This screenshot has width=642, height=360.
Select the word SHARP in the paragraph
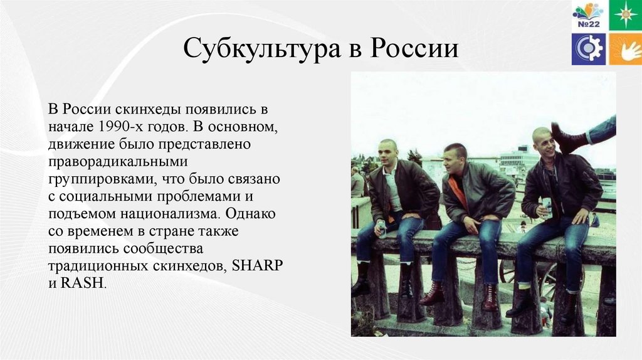258,265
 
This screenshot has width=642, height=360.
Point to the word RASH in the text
82,283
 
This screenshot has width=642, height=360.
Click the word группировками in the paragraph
102,179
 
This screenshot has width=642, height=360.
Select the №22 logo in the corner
588,15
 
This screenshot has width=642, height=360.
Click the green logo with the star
624,15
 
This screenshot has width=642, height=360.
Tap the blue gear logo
588,49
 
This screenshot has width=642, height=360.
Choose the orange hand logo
624,49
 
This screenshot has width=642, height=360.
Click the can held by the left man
381,228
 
